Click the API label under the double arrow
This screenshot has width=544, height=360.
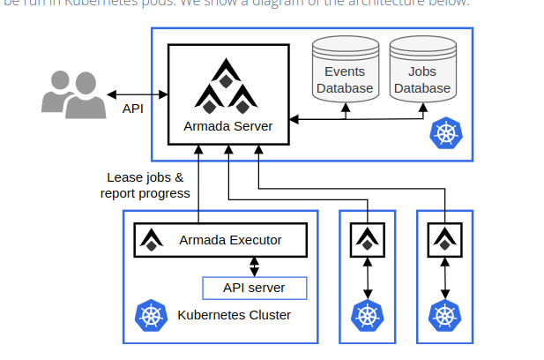pos(133,109)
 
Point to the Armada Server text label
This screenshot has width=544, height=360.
pos(227,125)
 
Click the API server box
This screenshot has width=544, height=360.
pos(255,288)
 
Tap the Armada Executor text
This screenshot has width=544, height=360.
pos(230,239)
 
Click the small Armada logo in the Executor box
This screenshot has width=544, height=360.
pos(153,239)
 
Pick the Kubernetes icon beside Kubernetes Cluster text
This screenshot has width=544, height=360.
pos(152,316)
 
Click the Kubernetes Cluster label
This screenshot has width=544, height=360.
pos(235,315)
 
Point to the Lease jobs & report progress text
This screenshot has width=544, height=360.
pos(145,185)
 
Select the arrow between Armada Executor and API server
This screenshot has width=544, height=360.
pos(255,266)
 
